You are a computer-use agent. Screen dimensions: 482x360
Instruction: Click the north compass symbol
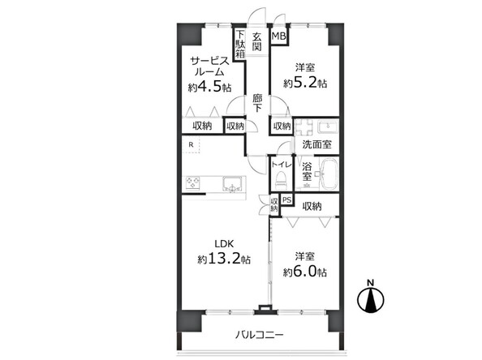click(371, 298)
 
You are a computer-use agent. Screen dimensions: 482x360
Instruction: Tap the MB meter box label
click(278, 36)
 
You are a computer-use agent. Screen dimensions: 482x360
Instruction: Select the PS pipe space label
click(286, 200)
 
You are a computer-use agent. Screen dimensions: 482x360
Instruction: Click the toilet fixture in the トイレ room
click(280, 180)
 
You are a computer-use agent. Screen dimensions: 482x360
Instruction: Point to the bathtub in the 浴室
click(329, 174)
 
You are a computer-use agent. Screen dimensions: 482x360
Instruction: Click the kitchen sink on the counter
click(232, 184)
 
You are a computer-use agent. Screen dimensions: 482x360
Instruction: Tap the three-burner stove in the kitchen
click(192, 183)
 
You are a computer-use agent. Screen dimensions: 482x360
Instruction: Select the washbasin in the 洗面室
click(328, 126)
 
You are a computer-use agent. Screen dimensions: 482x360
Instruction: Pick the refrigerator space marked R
click(191, 145)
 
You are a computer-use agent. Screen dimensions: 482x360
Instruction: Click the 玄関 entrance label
click(256, 41)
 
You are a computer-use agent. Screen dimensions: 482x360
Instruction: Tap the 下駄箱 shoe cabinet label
click(240, 44)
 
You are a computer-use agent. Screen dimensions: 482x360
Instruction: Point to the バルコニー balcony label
click(259, 335)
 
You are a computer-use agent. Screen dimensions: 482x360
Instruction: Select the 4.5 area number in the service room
click(212, 87)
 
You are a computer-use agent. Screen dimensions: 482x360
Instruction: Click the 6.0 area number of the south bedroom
click(307, 272)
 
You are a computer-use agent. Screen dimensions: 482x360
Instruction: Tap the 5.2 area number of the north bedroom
click(306, 83)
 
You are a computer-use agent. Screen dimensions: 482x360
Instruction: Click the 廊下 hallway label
click(257, 103)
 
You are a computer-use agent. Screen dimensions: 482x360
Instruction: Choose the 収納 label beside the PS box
click(312, 207)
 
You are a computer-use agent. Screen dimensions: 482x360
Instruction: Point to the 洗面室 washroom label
click(316, 144)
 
